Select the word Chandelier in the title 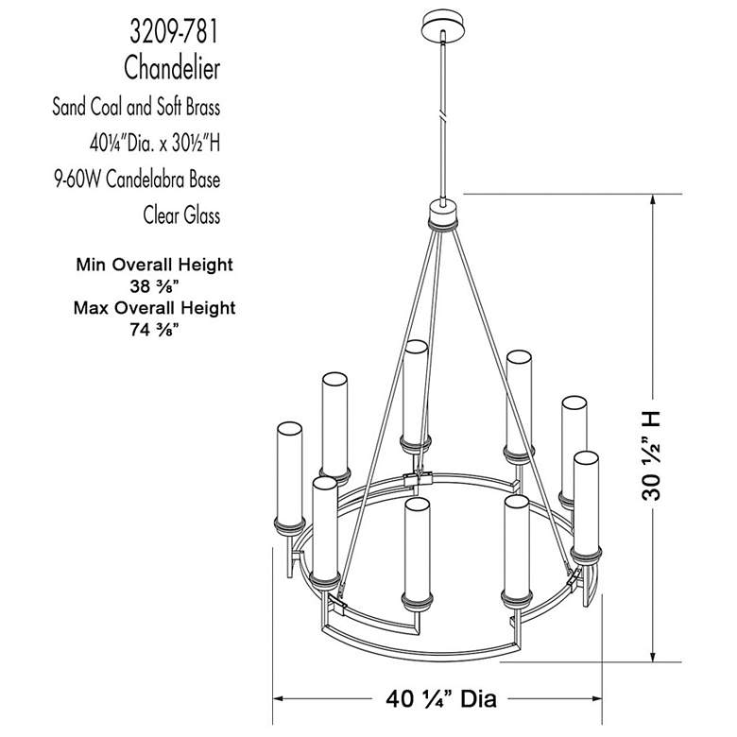(x=172, y=67)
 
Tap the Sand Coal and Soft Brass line (x=136, y=106)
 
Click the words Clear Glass (x=181, y=215)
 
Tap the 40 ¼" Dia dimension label (x=441, y=699)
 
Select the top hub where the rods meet (x=441, y=214)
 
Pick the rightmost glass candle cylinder (x=586, y=503)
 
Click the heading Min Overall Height (x=153, y=265)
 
